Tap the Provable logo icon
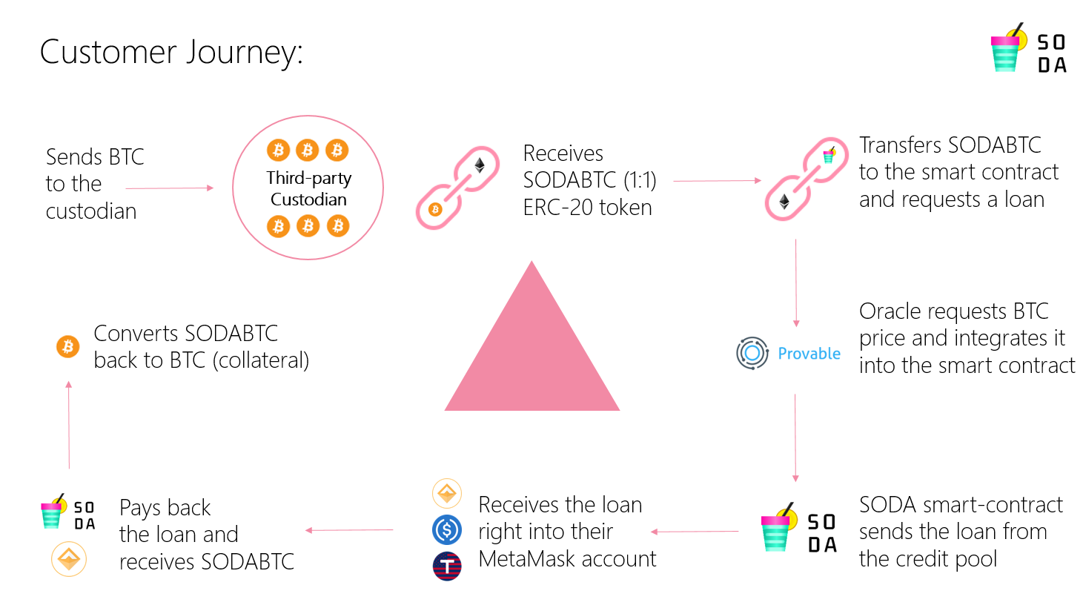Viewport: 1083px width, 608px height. (x=752, y=353)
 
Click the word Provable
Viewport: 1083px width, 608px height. (x=809, y=354)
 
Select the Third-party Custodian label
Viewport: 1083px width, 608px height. (x=308, y=188)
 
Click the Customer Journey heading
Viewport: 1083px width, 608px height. (x=171, y=52)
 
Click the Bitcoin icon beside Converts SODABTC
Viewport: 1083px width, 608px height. (x=68, y=346)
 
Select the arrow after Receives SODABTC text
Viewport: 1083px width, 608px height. (x=716, y=180)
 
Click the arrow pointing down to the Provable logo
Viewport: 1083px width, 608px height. (x=796, y=282)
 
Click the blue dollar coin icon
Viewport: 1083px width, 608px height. (x=447, y=529)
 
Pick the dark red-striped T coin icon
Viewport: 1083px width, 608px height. (x=447, y=566)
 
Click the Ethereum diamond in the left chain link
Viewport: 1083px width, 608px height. (x=480, y=165)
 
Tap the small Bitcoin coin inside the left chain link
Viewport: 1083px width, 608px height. (x=435, y=209)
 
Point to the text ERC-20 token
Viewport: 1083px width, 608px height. (x=587, y=208)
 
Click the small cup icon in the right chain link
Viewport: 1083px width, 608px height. (x=829, y=156)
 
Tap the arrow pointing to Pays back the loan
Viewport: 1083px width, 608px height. (x=349, y=530)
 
